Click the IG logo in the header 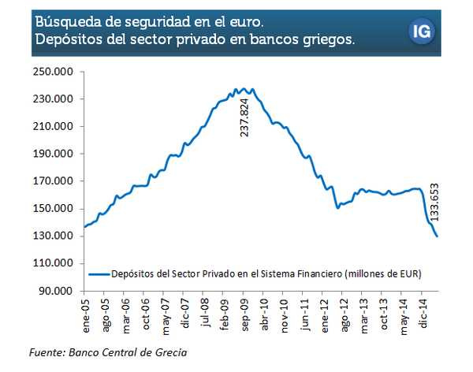pos(422,32)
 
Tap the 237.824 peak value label pos(244,118)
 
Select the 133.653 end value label pos(434,203)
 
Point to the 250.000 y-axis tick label pos(53,72)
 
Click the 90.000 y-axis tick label pos(56,291)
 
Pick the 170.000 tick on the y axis pos(53,181)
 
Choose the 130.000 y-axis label pos(53,236)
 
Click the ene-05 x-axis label pos(86,316)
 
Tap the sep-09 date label pos(245,315)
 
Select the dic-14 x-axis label pos(423,314)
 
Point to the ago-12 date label pos(345,316)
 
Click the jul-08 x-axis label pos(205,313)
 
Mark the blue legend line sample pos(99,274)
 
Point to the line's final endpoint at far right pos(437,236)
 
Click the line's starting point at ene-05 pos(85,227)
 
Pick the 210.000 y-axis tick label pos(53,126)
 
